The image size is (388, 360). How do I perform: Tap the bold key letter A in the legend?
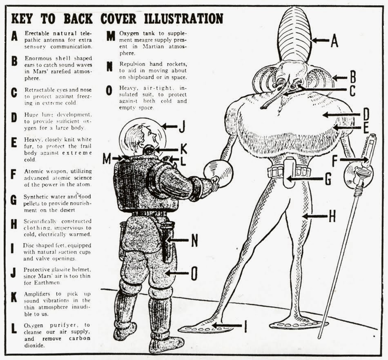15,36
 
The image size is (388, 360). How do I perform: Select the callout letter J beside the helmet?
182,127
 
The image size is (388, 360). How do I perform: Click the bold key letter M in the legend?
111,36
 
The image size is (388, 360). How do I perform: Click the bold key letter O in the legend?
109,90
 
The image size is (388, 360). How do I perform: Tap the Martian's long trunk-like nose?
274,98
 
